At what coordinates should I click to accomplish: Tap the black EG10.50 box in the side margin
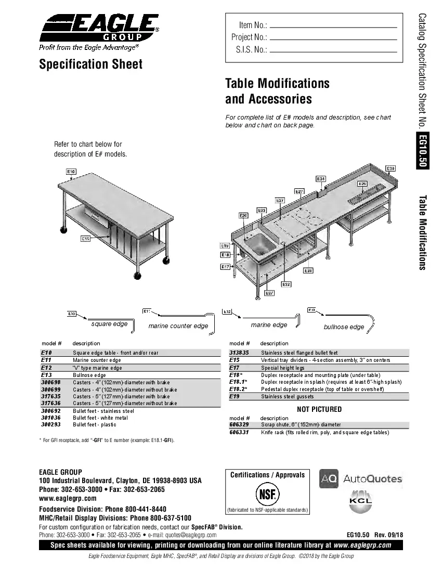422,151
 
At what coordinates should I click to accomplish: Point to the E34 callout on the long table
321,179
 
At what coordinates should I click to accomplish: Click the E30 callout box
391,168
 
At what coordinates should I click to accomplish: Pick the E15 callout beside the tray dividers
86,239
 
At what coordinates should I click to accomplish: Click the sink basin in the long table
259,243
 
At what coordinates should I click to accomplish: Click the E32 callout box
286,284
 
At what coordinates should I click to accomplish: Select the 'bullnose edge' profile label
344,327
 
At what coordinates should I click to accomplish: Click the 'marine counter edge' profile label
178,326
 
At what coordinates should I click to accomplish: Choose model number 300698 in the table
50,382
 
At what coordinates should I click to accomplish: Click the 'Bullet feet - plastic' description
94,425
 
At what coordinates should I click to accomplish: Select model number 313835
239,353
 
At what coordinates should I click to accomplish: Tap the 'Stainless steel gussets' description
287,396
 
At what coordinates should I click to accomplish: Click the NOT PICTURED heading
319,409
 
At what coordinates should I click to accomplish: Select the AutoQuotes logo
361,479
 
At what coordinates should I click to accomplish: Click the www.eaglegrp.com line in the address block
68,498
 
